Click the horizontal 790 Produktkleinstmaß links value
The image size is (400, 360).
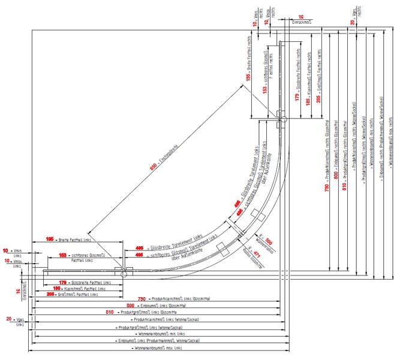pyautogui.click(x=142, y=298)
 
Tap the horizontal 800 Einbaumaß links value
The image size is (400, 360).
pyautogui.click(x=131, y=305)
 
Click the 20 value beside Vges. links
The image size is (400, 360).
pyautogui.click(x=10, y=319)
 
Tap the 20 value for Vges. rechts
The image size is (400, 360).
pyautogui.click(x=352, y=23)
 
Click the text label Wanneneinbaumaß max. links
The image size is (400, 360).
pyautogui.click(x=157, y=348)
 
